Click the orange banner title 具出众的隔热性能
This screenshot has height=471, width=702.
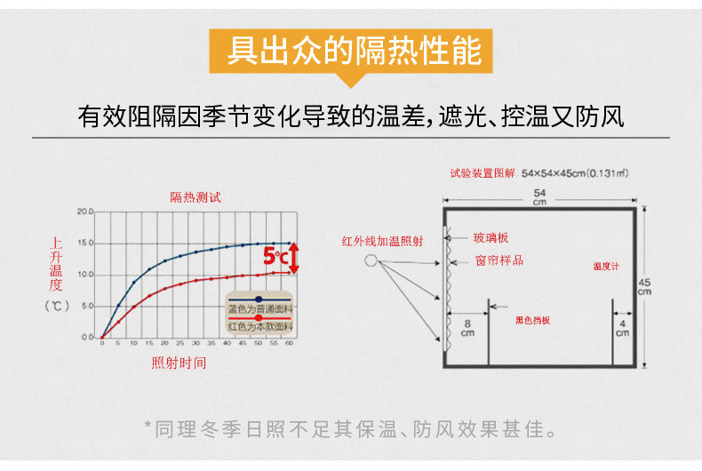[x=354, y=51]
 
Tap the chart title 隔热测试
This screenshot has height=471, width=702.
[x=195, y=197]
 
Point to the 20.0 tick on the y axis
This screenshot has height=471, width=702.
[x=85, y=212]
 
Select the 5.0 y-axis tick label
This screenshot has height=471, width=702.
[x=87, y=307]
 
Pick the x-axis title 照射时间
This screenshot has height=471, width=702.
[x=179, y=363]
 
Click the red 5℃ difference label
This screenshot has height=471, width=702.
[x=275, y=258]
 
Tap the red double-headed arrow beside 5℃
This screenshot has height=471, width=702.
[x=295, y=258]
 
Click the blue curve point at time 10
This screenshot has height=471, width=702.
[x=134, y=283]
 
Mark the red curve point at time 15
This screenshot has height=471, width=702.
[x=150, y=295]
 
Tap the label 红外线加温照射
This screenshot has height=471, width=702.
[x=382, y=241]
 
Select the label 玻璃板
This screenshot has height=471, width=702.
[x=491, y=238]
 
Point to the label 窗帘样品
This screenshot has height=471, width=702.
[x=499, y=260]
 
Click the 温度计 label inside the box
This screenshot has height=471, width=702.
[x=606, y=266]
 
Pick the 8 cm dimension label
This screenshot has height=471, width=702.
[x=467, y=328]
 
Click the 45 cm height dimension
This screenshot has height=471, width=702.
[x=644, y=286]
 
